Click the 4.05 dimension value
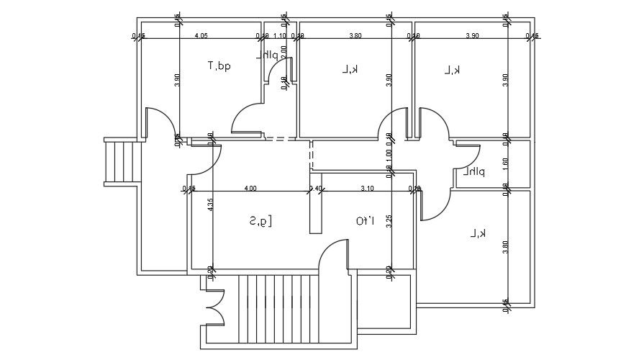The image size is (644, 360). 201,35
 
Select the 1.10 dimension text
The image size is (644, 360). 281,35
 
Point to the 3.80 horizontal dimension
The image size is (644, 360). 355,35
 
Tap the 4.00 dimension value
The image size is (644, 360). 251,189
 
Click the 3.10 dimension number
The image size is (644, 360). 367,189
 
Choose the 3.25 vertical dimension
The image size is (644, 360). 389,221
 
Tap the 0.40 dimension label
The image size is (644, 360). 315,189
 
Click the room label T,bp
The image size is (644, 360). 219,66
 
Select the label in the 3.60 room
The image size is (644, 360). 479,233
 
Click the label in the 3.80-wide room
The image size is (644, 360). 350,69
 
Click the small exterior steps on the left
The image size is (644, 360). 121,162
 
